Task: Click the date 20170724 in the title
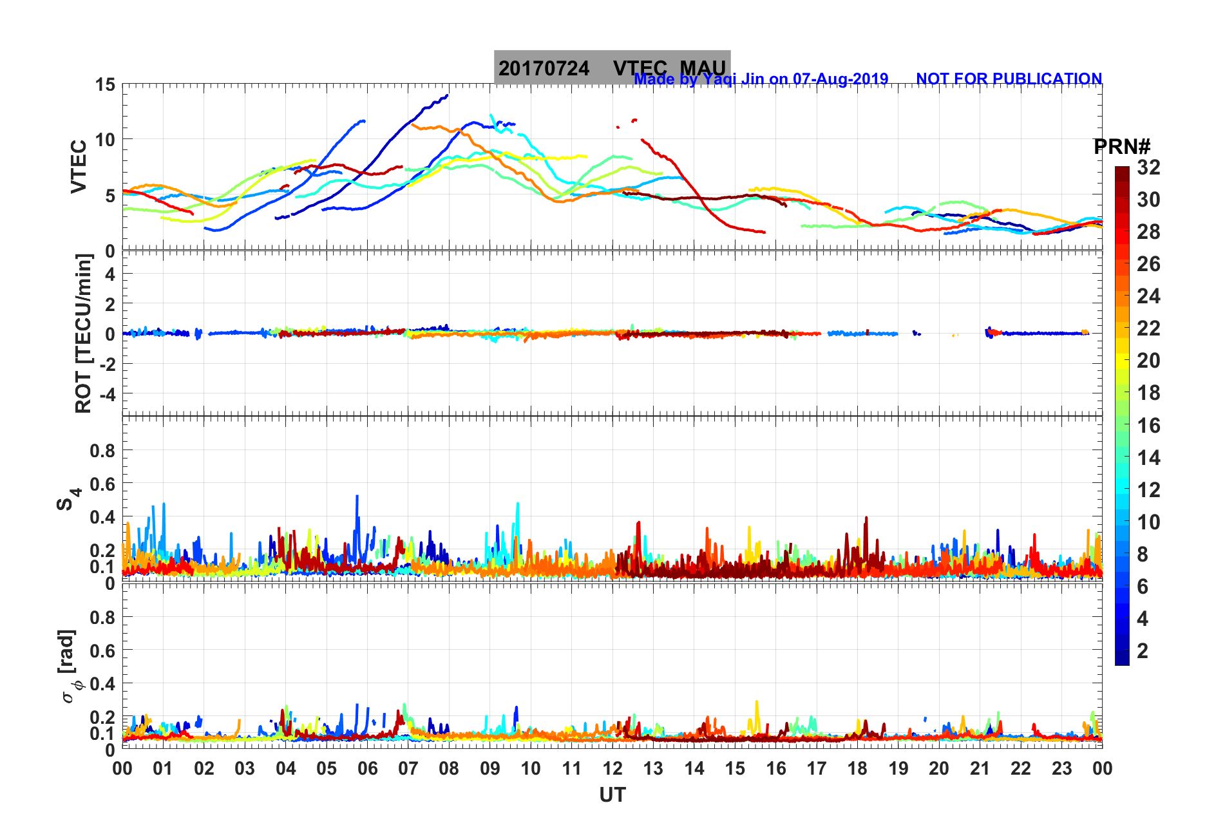(544, 68)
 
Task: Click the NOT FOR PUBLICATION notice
(1009, 79)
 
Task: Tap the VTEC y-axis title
(79, 166)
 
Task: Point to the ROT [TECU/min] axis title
(83, 333)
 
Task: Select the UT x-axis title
(612, 795)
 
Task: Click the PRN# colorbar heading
(1122, 147)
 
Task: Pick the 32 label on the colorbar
(1148, 167)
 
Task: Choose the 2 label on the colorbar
(1143, 650)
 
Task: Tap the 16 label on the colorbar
(1148, 425)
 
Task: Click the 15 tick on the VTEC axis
(105, 84)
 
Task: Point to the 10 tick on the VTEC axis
(105, 139)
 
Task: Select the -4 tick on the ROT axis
(106, 393)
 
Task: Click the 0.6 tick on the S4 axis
(102, 484)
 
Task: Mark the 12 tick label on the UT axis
(612, 768)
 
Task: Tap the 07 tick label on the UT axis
(408, 768)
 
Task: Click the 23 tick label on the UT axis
(1061, 768)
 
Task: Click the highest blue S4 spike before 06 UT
(357, 496)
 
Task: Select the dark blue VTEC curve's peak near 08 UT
(447, 95)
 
